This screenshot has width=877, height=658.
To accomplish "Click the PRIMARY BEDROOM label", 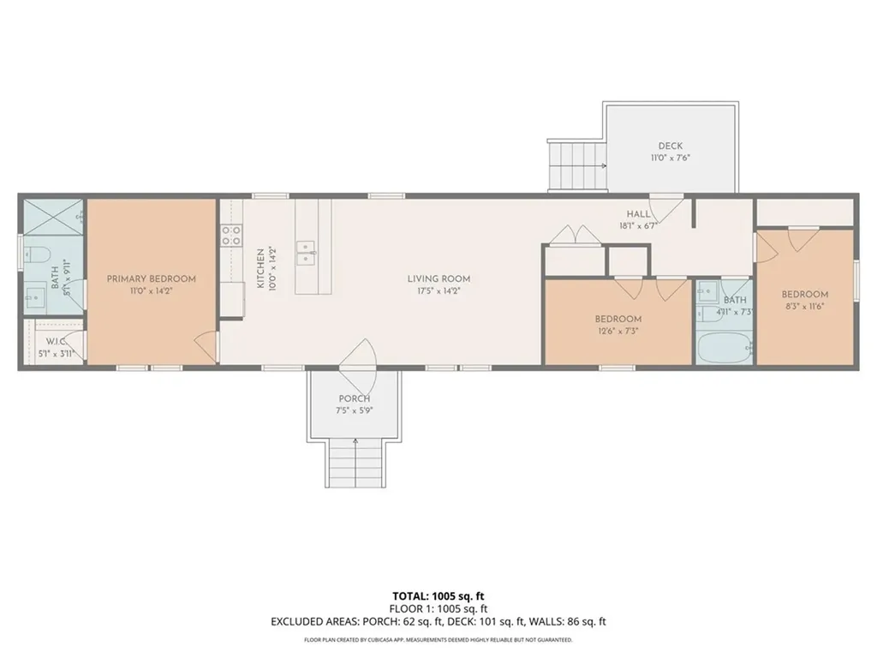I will (x=151, y=278).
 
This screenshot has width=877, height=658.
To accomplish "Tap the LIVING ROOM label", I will (x=438, y=278).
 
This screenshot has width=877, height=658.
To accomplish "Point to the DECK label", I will (x=670, y=146).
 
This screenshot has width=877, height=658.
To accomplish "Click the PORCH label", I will (x=354, y=398).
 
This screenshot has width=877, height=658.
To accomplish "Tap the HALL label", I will (x=638, y=215).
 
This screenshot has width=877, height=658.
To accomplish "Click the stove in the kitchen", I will (x=231, y=236).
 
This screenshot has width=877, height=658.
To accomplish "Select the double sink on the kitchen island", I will (x=306, y=250).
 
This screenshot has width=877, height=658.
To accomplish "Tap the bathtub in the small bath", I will (x=724, y=350).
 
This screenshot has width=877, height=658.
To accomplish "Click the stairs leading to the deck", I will (x=576, y=166).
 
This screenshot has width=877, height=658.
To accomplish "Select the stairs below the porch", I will (x=354, y=462).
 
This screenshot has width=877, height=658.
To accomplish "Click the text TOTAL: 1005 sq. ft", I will (x=438, y=596).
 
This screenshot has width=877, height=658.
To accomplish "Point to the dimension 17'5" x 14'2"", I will (x=438, y=290).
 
